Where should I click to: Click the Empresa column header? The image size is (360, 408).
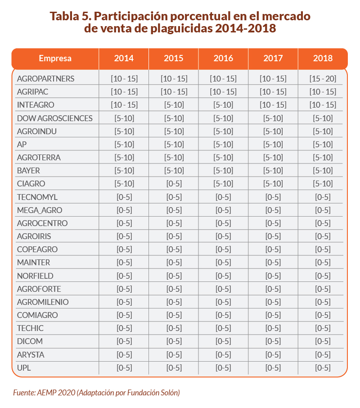coord(55,59)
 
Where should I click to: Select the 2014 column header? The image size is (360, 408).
coord(124,59)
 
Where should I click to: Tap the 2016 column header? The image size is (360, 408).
coord(223,59)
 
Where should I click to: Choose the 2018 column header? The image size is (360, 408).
coord(323,59)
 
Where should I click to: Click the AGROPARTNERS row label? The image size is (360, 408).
coord(45,79)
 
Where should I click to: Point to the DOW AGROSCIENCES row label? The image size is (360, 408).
coord(54,118)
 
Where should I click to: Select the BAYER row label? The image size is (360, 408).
coord(28,171)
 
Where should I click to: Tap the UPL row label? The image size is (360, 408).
coord(24,367)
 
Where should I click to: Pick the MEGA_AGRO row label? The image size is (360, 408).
coord(40,210)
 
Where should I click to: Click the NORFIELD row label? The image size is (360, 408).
coord(35,276)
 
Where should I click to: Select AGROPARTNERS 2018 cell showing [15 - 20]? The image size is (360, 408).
coord(323,79)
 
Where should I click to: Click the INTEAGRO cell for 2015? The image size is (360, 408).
coord(174,105)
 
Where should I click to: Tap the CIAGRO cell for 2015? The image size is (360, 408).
coord(174,184)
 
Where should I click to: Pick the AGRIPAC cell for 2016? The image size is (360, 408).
coord(223,92)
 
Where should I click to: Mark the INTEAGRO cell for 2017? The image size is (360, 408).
coord(273,105)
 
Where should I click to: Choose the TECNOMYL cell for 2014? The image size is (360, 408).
coord(124,197)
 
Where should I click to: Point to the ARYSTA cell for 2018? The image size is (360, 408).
coord(323,354)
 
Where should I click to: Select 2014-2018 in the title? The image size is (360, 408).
coord(246,29)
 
